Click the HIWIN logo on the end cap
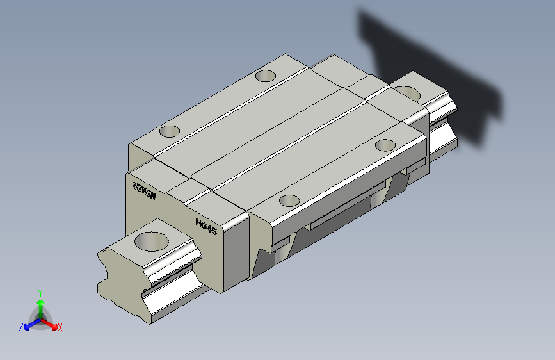145,191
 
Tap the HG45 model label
206,226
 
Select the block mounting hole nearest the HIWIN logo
170,131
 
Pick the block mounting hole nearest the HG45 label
289,200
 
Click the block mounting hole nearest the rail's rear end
385,145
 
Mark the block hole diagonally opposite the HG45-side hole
266,76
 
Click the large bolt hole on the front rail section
152,241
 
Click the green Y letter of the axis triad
40,293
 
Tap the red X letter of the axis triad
60,328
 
